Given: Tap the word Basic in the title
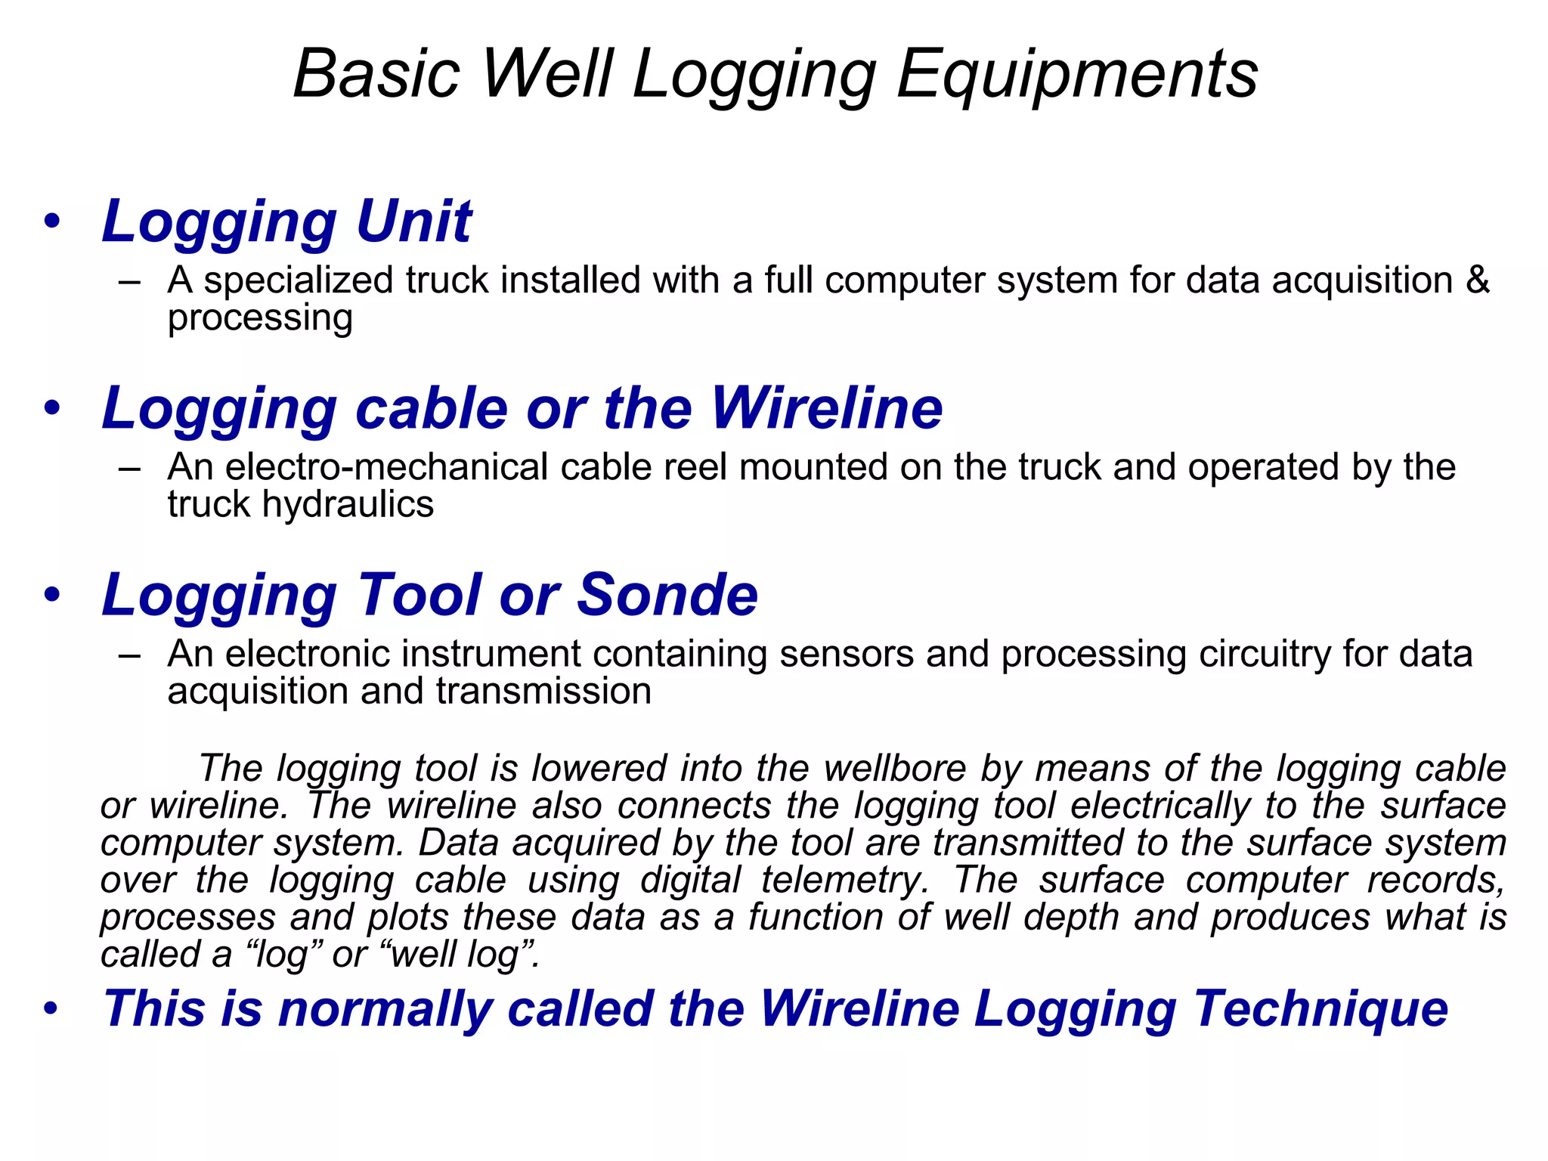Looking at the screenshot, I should tap(376, 74).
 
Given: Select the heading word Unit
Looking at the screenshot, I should tap(413, 221).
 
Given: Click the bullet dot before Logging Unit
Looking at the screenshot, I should tap(51, 221).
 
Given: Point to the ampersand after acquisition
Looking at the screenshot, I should tap(1478, 280).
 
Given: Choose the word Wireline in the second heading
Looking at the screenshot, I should tap(827, 408).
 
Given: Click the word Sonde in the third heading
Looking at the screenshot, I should tap(667, 595).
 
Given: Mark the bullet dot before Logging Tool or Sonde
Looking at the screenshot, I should tap(51, 595).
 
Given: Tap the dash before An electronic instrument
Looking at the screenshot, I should tap(129, 655).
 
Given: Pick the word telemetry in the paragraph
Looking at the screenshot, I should tap(844, 880).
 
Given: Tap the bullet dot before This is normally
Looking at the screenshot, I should tap(51, 1009).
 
